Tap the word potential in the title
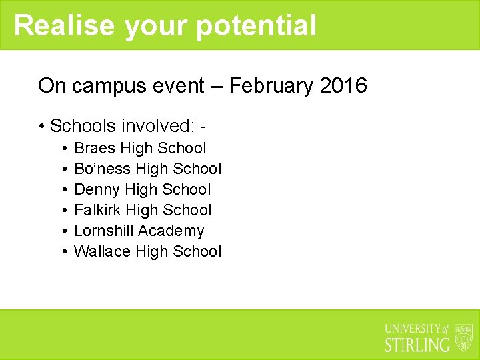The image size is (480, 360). [x=256, y=25]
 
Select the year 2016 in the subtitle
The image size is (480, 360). [x=343, y=86]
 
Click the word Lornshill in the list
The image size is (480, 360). [x=103, y=231]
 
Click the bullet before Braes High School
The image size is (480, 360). [x=63, y=149]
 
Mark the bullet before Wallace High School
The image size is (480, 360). [x=63, y=252]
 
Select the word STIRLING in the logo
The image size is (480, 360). [x=417, y=345]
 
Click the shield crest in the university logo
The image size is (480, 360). [x=463, y=337]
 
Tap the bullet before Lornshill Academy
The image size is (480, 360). [x=63, y=231]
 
